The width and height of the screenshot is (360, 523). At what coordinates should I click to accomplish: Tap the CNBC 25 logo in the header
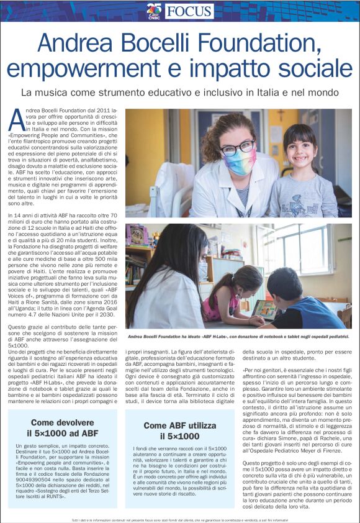154,11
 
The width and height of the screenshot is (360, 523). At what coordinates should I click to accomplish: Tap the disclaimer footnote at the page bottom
180,519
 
